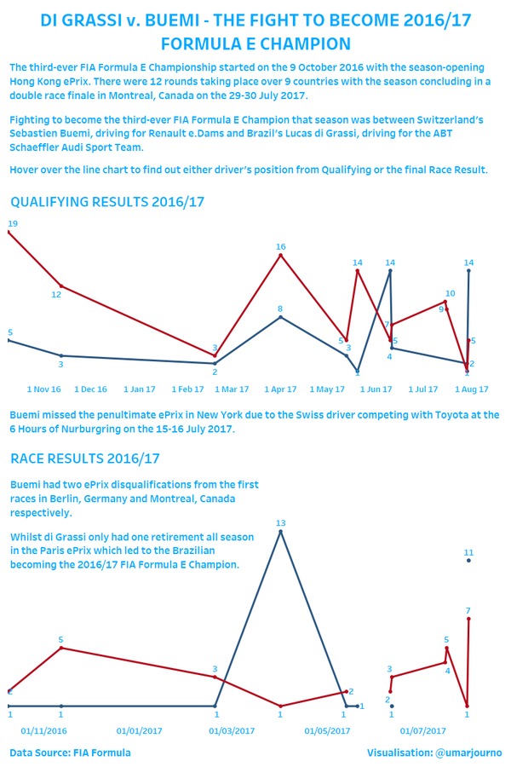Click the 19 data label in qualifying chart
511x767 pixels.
[x=13, y=223]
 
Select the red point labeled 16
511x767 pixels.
[x=281, y=255]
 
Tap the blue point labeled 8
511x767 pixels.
[x=281, y=317]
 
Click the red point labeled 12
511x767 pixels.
[x=61, y=285]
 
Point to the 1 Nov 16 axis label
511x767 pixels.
[x=44, y=389]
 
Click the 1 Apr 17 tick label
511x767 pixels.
[x=280, y=389]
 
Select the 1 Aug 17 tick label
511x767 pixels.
[x=471, y=389]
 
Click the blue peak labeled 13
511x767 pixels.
[x=281, y=531]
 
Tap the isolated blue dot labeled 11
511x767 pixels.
[x=468, y=561]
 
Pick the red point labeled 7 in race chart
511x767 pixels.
[x=468, y=619]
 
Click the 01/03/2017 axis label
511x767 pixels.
[x=232, y=731]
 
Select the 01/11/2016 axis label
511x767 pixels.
[x=44, y=731]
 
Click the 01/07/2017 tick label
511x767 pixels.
[x=423, y=731]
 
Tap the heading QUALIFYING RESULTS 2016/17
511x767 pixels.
[x=107, y=202]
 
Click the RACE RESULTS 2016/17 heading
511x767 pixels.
[x=85, y=458]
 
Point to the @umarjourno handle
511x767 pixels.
[x=468, y=753]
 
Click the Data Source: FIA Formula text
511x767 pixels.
[x=70, y=753]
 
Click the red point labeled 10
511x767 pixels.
[x=445, y=302]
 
